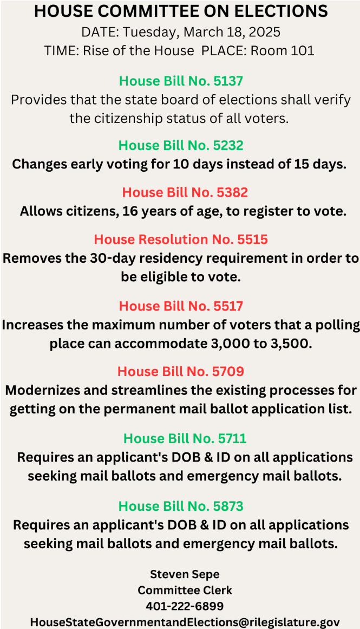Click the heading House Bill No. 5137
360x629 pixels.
(181, 81)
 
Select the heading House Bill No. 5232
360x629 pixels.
(181, 146)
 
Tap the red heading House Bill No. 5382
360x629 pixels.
(185, 192)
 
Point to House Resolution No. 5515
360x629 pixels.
(181, 239)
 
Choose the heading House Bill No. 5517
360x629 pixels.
(181, 306)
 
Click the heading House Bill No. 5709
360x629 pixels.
(181, 372)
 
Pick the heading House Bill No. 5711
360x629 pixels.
(185, 438)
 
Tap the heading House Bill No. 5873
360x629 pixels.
(181, 506)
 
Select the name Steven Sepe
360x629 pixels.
(185, 574)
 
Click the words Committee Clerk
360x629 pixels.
(185, 590)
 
